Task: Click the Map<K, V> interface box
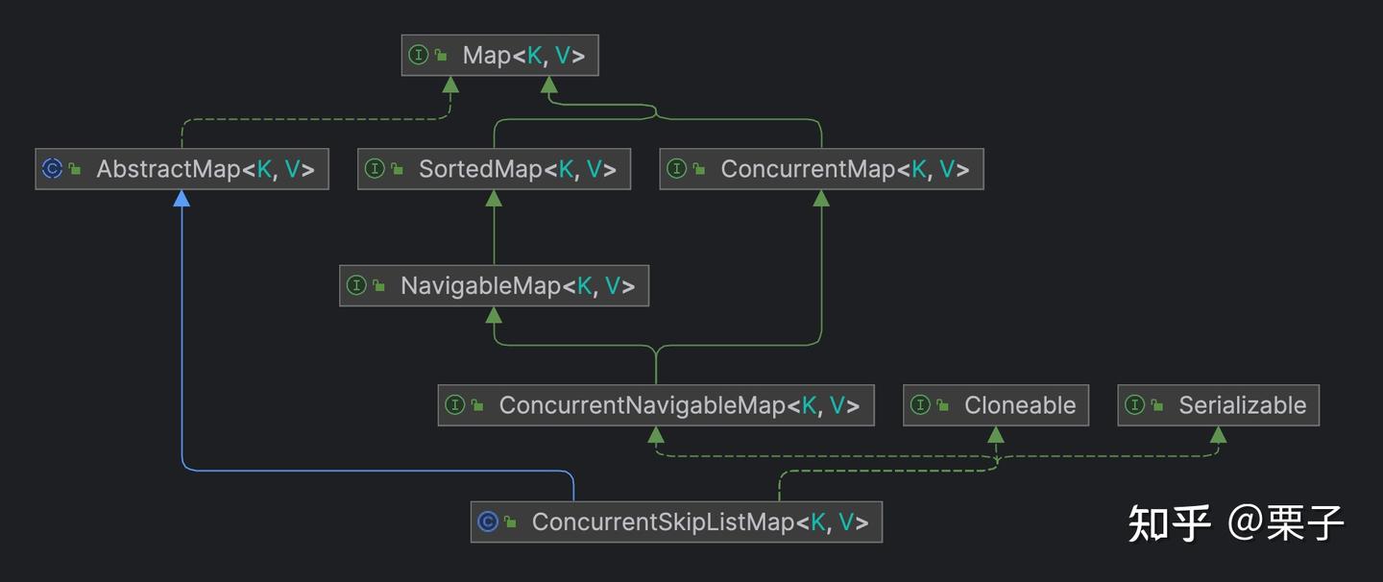click(499, 56)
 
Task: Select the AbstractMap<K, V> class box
click(182, 169)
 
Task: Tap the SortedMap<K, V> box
click(494, 169)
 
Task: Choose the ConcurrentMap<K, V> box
click(821, 169)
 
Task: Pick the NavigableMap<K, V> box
click(494, 286)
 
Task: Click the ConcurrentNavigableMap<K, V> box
click(655, 405)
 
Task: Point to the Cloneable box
click(996, 405)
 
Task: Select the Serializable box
click(1218, 405)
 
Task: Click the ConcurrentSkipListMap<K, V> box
click(676, 522)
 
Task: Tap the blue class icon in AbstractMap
click(53, 169)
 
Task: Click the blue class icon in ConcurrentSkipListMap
click(488, 522)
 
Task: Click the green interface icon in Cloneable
click(920, 405)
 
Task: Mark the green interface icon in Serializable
click(1134, 405)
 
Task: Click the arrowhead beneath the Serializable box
click(1218, 435)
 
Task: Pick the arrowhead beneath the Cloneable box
click(996, 435)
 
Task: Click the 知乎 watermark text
click(1169, 523)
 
